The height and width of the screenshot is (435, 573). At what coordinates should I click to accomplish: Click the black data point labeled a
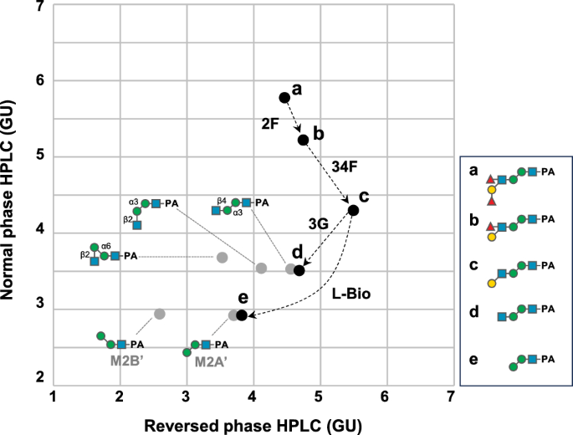click(x=284, y=98)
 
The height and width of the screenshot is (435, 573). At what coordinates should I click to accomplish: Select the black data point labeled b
click(x=303, y=139)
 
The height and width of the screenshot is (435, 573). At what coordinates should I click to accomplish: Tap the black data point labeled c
click(x=353, y=209)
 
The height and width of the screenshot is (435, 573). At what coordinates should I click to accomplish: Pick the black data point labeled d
click(x=299, y=269)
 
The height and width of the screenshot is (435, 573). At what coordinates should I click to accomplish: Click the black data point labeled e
click(x=242, y=315)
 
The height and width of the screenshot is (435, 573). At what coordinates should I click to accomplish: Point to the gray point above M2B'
click(x=160, y=314)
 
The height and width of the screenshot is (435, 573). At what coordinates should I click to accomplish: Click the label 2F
click(x=269, y=122)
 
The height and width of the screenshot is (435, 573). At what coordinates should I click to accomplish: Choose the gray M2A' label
click(x=210, y=362)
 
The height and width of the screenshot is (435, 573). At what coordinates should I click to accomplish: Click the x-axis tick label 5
click(x=320, y=395)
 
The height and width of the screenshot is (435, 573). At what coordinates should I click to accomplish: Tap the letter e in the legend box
click(x=473, y=361)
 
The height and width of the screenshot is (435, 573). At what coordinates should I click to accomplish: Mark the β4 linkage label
click(x=222, y=201)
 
